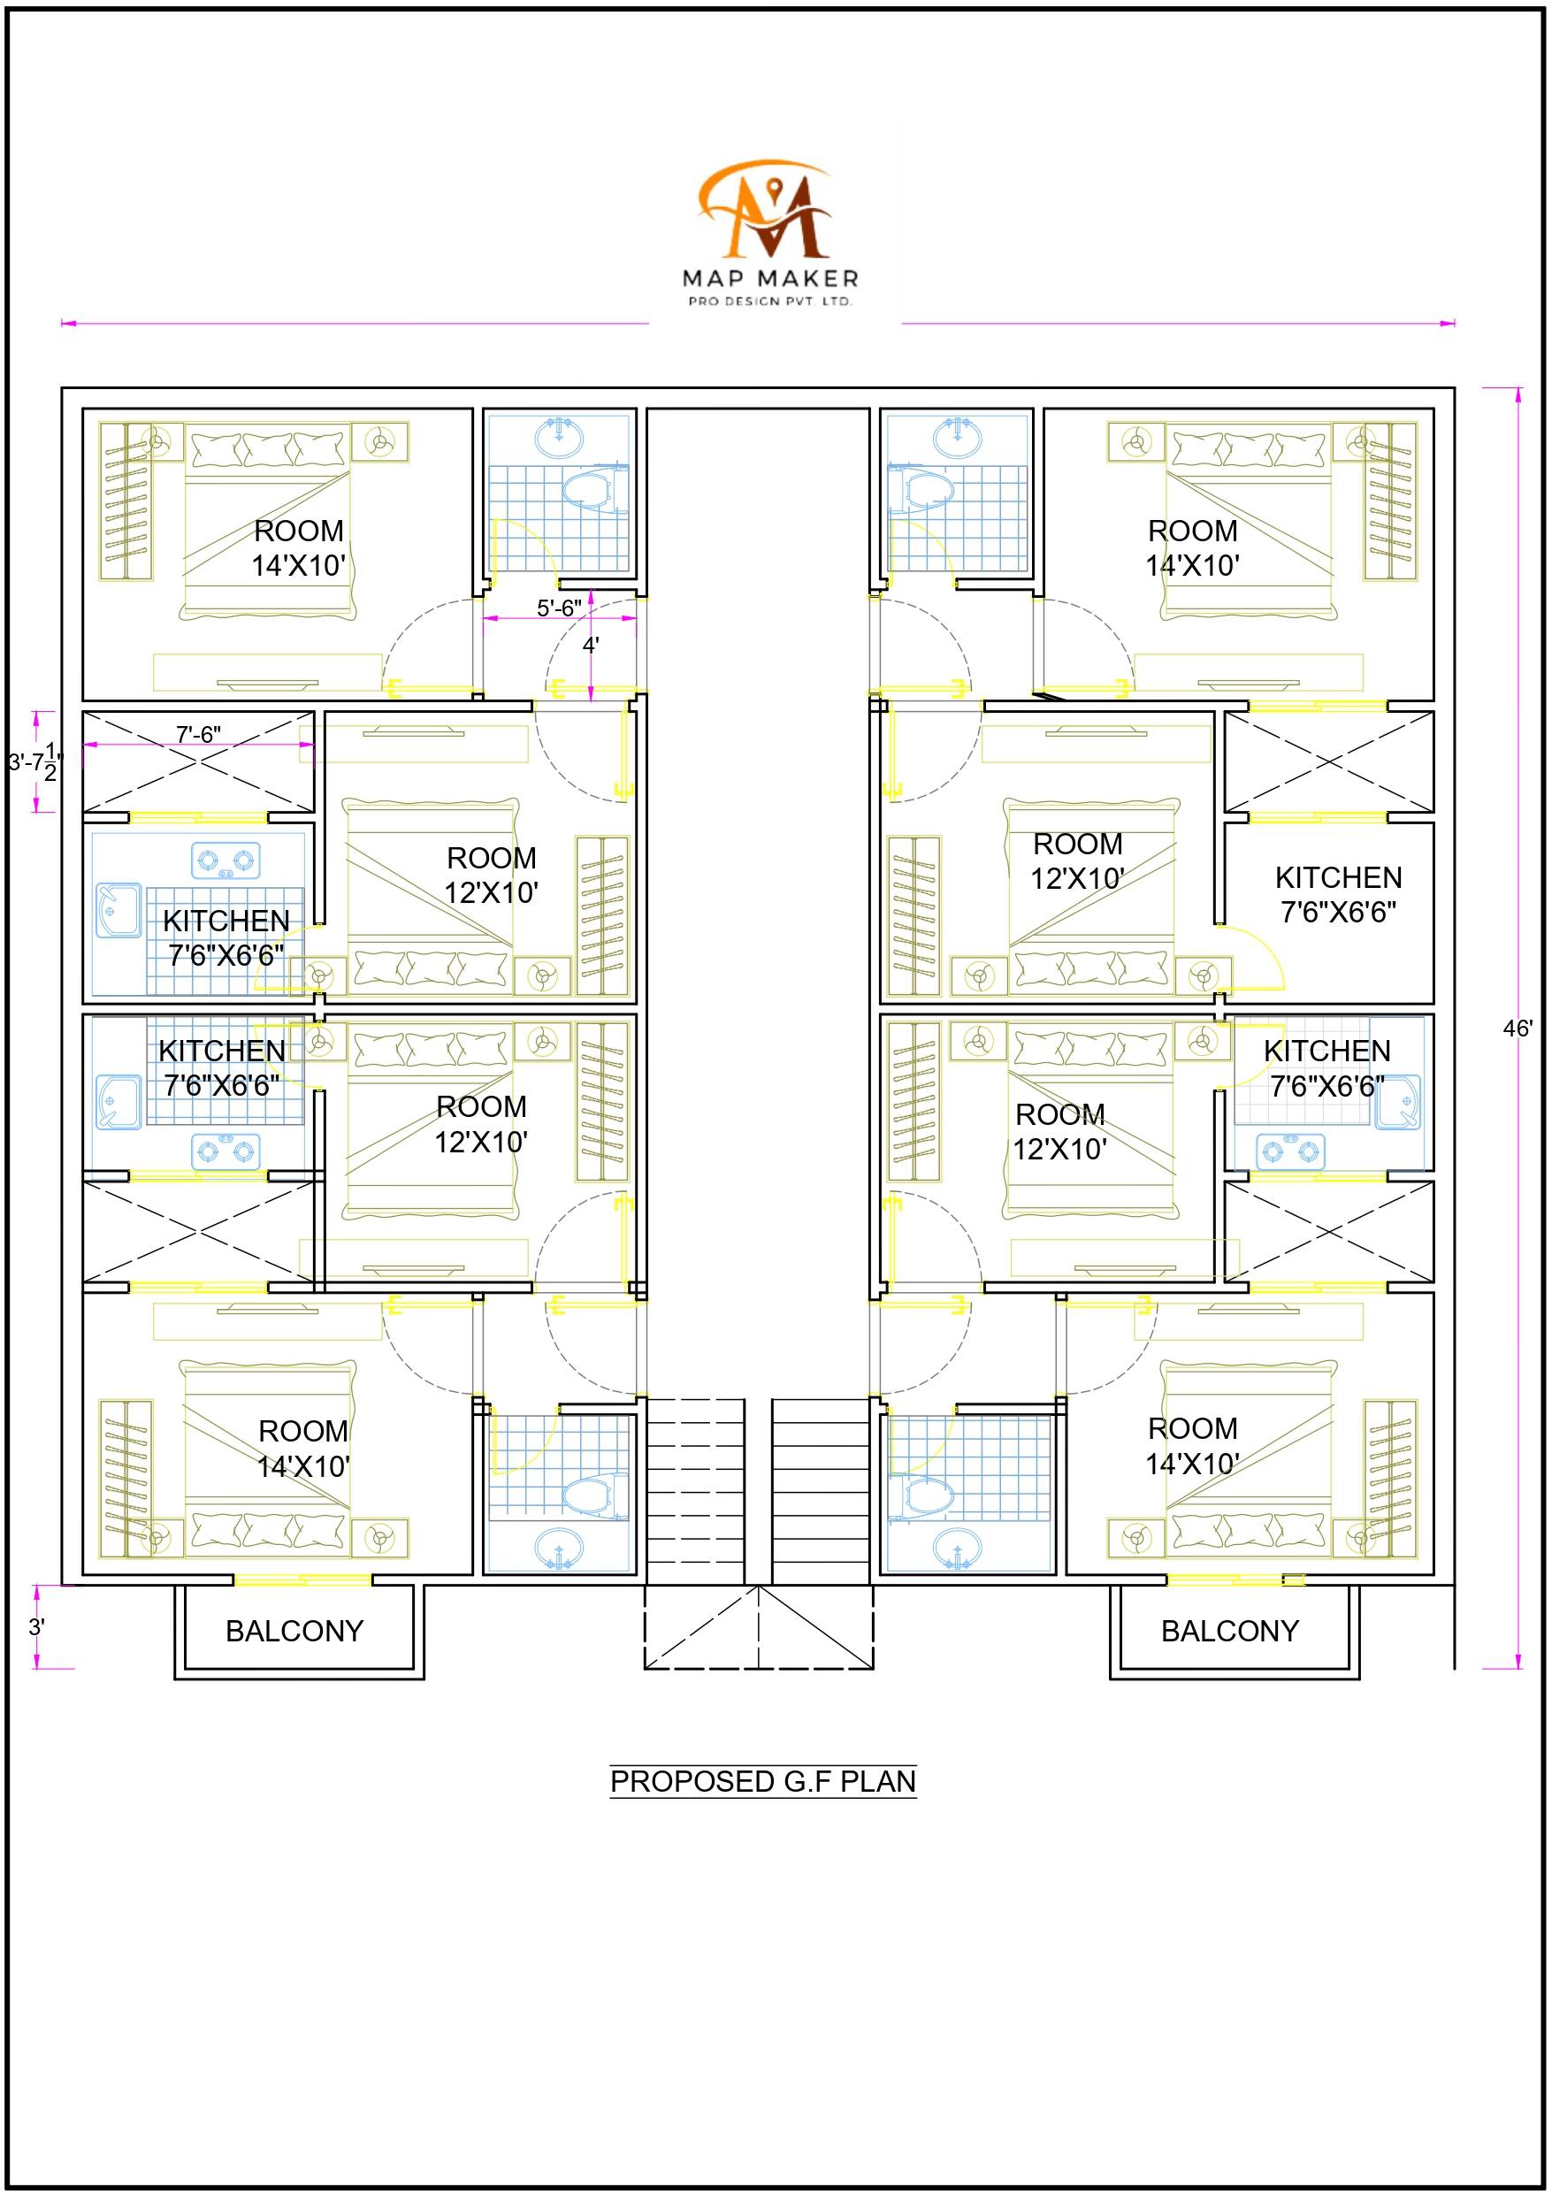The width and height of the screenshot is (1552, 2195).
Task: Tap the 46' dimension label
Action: tap(1518, 1029)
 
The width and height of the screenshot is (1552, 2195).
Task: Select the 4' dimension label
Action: tap(591, 645)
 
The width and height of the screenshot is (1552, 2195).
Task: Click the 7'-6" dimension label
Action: tap(198, 733)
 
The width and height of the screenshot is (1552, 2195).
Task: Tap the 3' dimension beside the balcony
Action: tap(36, 1626)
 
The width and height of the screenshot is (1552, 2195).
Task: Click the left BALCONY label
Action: tap(294, 1631)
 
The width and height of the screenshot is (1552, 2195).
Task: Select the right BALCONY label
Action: tap(1230, 1631)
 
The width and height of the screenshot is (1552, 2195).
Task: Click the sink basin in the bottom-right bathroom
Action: tap(957, 1549)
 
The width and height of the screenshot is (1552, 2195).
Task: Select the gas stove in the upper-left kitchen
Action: tap(226, 860)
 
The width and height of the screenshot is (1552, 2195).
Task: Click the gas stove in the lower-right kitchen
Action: tap(1291, 1152)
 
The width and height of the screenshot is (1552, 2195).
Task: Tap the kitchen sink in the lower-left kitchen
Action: tap(119, 1101)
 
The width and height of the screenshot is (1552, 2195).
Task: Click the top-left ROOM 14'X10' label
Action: tap(298, 547)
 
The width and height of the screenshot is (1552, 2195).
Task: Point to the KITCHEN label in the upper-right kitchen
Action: tap(1339, 877)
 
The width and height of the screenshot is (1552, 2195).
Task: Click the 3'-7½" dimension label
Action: tap(35, 762)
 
